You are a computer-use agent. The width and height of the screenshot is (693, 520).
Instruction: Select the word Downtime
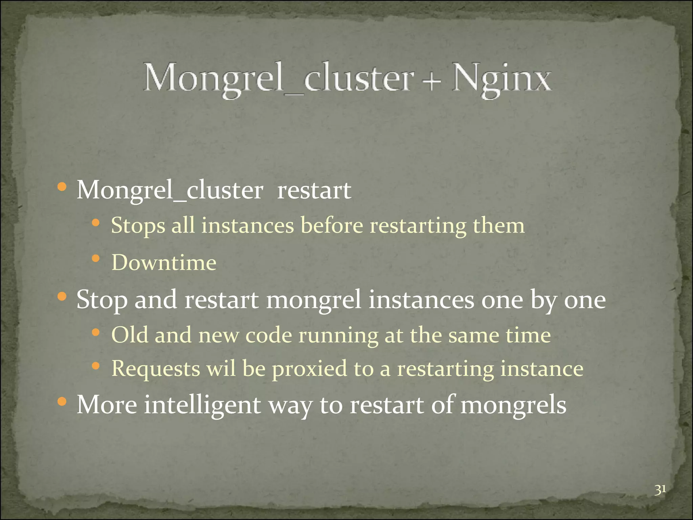[x=164, y=263]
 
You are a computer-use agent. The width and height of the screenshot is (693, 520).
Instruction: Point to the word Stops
[x=138, y=226]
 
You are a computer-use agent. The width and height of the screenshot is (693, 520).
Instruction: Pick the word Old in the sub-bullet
[x=130, y=335]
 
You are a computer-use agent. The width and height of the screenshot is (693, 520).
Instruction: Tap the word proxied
[x=309, y=369]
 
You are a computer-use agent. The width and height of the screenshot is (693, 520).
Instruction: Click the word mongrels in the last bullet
[x=513, y=405]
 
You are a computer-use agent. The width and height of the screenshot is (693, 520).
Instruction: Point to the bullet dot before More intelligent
[x=62, y=402]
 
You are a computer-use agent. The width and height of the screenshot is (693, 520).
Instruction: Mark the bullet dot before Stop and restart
[x=62, y=297]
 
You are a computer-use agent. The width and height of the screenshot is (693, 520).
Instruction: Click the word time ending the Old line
[x=528, y=335]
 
